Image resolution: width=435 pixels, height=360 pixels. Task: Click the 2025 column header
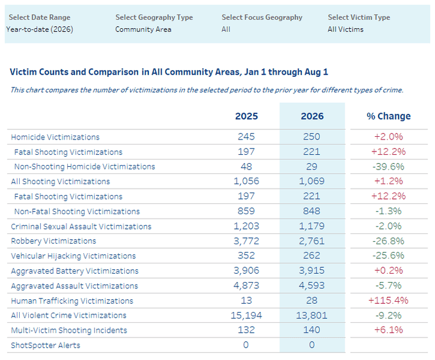click(x=246, y=116)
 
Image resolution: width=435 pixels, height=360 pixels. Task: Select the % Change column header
click(x=388, y=116)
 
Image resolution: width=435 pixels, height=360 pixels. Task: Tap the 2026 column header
click(x=312, y=116)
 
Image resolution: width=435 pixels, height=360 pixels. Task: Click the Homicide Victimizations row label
click(x=55, y=137)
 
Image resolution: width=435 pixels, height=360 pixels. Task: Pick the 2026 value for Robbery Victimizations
click(x=312, y=240)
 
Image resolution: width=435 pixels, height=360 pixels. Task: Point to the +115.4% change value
click(x=388, y=301)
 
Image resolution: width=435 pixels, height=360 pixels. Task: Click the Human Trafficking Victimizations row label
click(x=72, y=301)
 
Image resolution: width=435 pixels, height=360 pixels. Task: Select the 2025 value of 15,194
click(x=246, y=315)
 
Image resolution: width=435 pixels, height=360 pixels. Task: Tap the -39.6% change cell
click(x=388, y=166)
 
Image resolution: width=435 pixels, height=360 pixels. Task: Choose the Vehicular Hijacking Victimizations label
click(x=74, y=256)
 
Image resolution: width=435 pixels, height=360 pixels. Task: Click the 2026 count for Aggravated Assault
click(x=312, y=285)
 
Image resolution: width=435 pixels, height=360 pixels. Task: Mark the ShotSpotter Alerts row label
click(x=45, y=345)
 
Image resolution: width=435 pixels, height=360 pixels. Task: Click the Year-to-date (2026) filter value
click(x=40, y=29)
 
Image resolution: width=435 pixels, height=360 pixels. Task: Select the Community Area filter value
click(x=143, y=29)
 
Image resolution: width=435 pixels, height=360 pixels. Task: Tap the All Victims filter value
click(x=345, y=29)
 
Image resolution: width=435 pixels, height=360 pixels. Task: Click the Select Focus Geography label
click(x=262, y=17)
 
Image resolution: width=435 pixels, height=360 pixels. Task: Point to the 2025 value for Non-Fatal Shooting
click(x=246, y=211)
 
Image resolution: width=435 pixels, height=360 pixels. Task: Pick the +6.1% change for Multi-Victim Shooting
click(x=388, y=330)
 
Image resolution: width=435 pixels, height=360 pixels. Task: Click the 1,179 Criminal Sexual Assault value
click(x=312, y=226)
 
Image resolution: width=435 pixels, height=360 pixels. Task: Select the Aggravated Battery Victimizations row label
click(x=75, y=271)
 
